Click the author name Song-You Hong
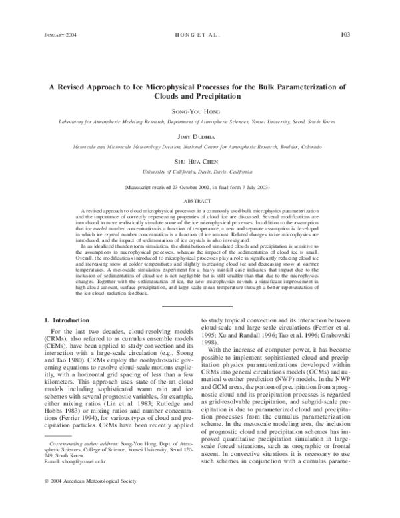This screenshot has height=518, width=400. [x=201, y=110]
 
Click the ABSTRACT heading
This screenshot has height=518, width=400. [x=201, y=200]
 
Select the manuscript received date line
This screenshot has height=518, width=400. [x=201, y=188]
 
